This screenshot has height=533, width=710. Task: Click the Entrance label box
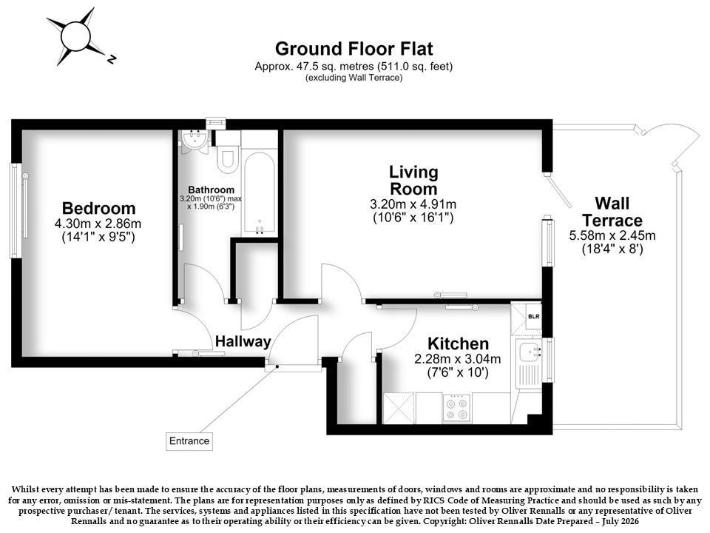(189, 441)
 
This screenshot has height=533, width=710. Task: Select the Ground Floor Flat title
(354, 49)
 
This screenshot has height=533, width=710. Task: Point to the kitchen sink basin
(530, 352)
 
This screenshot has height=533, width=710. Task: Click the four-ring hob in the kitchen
(457, 409)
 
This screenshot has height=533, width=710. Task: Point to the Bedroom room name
(98, 208)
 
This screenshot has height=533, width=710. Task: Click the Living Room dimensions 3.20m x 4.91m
(413, 204)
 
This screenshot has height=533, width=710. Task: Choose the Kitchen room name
(459, 343)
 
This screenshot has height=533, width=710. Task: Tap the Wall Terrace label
(612, 212)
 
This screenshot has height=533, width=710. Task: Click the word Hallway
(243, 341)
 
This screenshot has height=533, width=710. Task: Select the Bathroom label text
(212, 190)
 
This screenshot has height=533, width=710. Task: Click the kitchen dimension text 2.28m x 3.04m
(458, 360)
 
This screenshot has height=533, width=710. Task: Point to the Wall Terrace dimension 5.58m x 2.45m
(612, 235)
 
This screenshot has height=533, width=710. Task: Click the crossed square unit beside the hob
(399, 409)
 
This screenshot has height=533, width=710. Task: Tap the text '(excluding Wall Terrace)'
(354, 78)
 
